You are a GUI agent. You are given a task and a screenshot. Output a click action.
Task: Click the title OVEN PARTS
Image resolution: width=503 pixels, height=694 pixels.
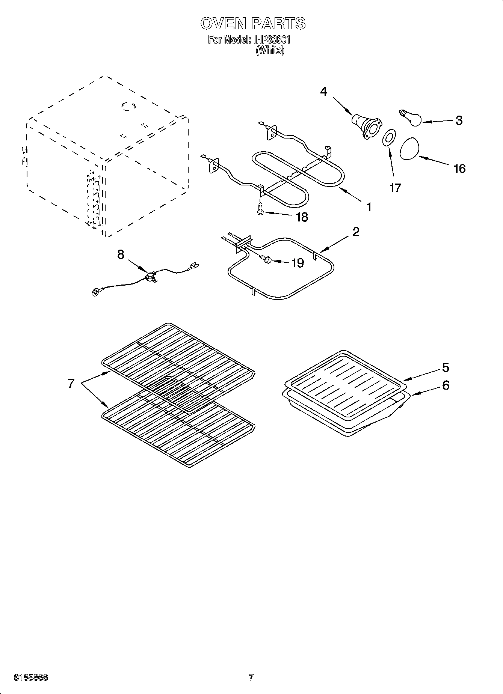tap(252, 23)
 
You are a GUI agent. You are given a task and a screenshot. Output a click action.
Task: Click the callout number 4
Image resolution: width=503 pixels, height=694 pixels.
tap(323, 91)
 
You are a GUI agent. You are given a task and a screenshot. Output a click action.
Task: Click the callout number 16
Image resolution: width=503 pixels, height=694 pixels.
tap(459, 169)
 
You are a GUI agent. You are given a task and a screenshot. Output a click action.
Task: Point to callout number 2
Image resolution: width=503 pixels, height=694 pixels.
tap(355, 232)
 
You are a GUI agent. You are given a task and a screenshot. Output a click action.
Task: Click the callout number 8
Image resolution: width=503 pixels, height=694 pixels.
tap(120, 254)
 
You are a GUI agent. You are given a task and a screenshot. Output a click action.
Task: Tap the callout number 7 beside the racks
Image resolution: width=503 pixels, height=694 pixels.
tap(71, 384)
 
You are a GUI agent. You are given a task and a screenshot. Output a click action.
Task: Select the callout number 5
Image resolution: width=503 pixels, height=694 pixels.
tap(446, 367)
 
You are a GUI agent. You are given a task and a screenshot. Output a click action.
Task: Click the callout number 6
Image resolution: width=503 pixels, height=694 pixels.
tap(446, 385)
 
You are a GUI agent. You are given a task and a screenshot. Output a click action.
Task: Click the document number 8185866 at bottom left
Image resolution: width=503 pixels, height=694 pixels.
tap(31, 677)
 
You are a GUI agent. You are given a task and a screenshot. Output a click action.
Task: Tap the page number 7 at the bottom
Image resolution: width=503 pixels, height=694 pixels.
tap(251, 677)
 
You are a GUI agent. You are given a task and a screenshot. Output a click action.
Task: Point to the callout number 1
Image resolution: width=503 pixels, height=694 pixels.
tap(369, 206)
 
